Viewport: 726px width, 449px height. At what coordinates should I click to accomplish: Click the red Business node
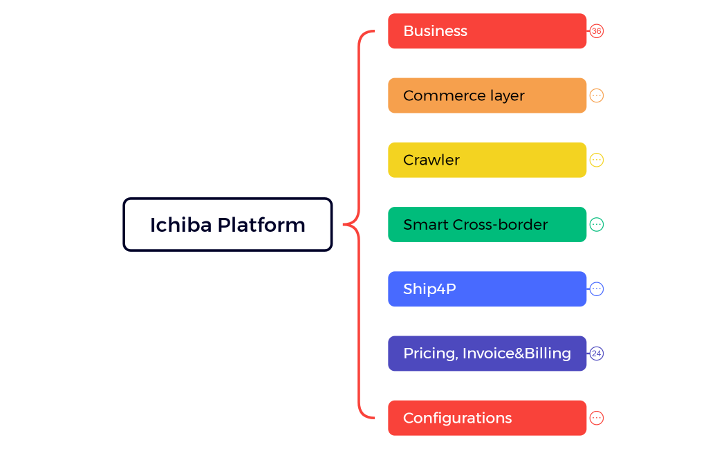click(x=487, y=31)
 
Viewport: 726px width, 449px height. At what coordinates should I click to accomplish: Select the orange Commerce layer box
click(x=487, y=95)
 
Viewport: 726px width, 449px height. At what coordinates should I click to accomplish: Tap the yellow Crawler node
click(x=487, y=160)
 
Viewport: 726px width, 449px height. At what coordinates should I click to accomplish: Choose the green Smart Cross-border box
click(x=487, y=224)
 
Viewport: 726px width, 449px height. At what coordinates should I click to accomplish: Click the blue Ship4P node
click(x=487, y=288)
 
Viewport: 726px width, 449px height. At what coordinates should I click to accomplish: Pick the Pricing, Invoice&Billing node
click(x=487, y=354)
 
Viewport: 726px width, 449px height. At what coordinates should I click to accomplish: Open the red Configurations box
click(x=487, y=418)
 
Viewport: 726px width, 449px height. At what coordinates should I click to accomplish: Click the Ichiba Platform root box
click(x=227, y=224)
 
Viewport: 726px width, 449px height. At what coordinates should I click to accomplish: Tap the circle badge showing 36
click(x=597, y=31)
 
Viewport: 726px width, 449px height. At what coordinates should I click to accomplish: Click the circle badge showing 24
click(x=597, y=354)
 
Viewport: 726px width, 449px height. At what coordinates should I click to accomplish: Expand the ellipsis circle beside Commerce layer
click(x=597, y=95)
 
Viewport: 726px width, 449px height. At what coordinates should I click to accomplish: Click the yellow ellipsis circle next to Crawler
click(x=597, y=160)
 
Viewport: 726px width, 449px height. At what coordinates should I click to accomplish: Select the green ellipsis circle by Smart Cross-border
click(x=597, y=224)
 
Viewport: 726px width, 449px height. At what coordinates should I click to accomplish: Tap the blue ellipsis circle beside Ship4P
click(x=597, y=288)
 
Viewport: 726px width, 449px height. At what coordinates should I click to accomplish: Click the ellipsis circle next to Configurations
click(x=597, y=418)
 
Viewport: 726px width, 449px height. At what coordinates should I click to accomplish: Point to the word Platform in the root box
click(x=261, y=225)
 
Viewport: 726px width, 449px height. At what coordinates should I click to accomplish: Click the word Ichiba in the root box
click(x=180, y=225)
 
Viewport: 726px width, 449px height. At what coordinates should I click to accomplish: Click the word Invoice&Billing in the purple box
click(x=516, y=354)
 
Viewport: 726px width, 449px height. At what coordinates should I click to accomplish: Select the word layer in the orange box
click(x=506, y=96)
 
